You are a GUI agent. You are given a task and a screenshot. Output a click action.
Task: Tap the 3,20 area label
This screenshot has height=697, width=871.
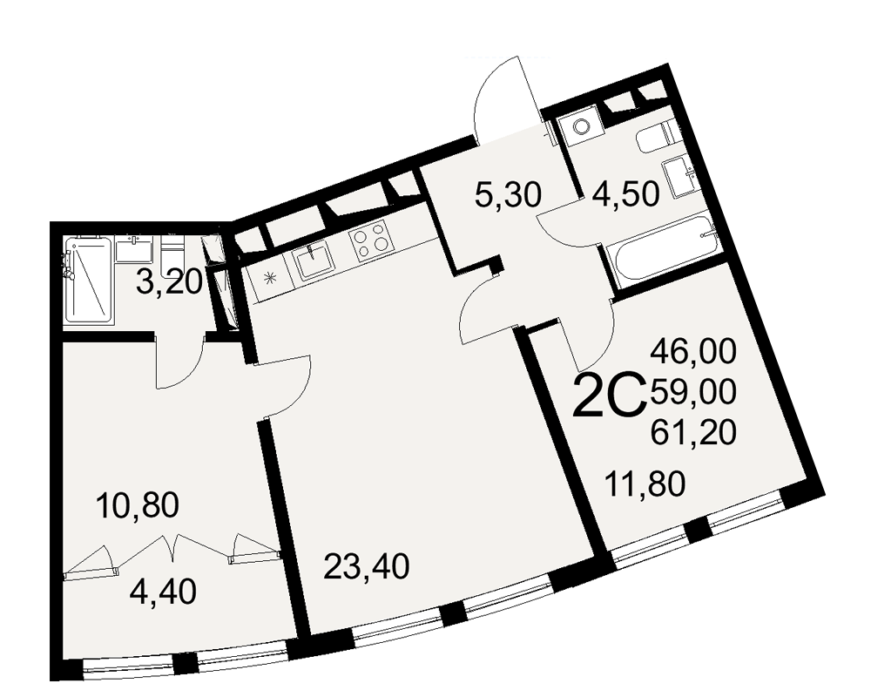[x=172, y=282]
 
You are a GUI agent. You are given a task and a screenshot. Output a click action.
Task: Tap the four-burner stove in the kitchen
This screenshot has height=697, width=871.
[x=368, y=241]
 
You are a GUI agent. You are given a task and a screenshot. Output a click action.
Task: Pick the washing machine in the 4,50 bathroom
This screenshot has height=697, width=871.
[x=578, y=127]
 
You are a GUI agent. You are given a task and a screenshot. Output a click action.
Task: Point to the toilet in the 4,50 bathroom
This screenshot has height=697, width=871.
[x=655, y=137]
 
